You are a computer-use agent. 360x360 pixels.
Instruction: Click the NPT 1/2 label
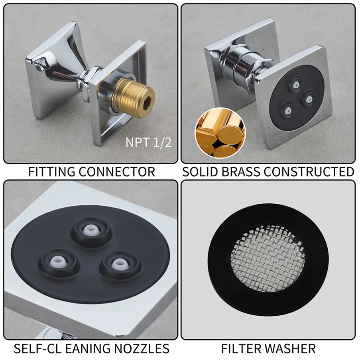(148, 142)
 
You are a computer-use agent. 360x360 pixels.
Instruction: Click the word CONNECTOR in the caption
(117, 172)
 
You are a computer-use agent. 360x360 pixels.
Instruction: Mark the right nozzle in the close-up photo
(119, 265)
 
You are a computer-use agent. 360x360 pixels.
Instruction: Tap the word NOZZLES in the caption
(142, 348)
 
